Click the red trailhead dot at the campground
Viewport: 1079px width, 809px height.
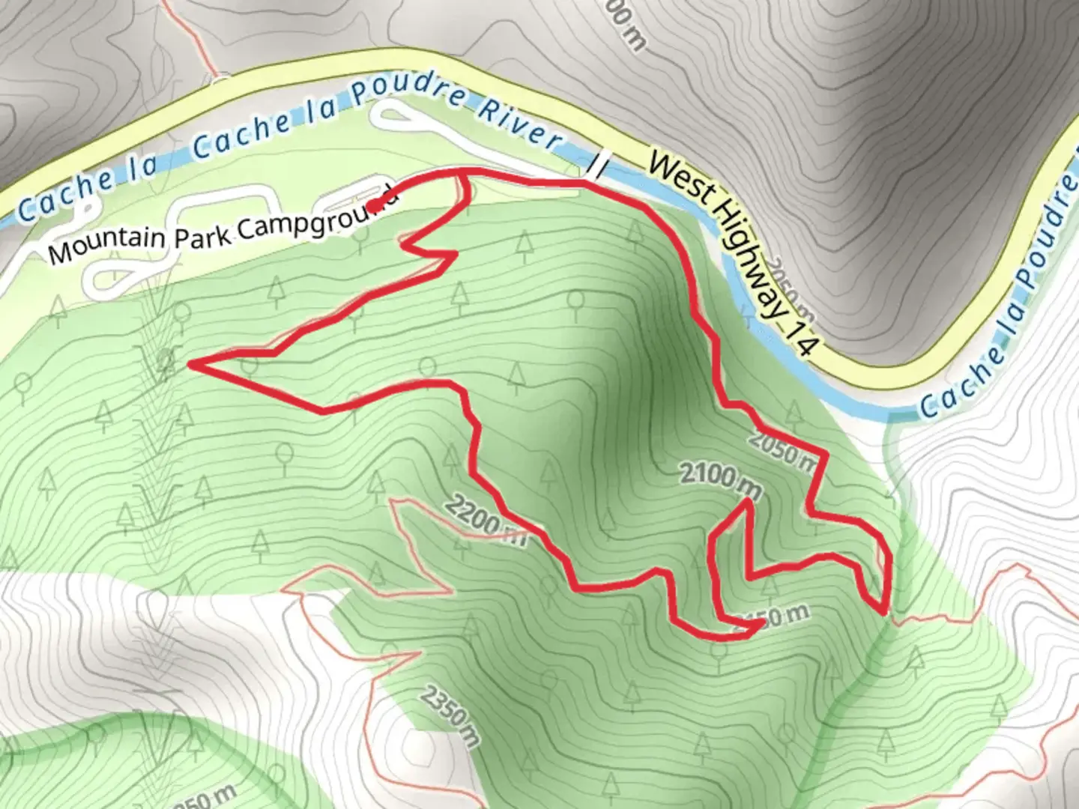click(372, 205)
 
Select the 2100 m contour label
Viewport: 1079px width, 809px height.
click(720, 479)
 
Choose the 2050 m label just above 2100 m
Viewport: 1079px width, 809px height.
click(782, 452)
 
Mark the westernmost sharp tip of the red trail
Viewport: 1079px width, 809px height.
click(190, 365)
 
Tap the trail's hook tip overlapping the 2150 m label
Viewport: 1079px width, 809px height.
click(761, 626)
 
